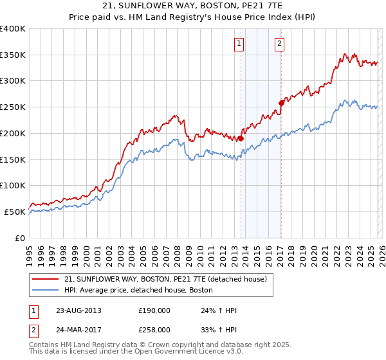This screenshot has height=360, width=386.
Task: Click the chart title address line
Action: click(193, 6)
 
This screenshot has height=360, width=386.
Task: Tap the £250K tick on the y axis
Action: click(13, 107)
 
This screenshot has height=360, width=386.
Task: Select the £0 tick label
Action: click(21, 238)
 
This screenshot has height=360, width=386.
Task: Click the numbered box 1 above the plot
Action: click(239, 44)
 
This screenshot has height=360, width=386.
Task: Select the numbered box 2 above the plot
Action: click(280, 44)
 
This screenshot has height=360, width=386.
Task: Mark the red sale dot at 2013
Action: click(241, 138)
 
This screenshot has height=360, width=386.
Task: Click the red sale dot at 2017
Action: click(281, 102)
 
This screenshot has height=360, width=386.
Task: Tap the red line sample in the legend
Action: click(46, 279)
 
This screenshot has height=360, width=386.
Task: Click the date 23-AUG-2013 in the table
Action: click(78, 310)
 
